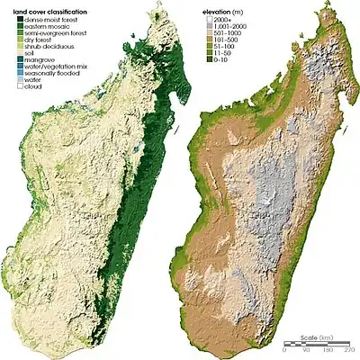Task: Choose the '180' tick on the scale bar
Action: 325,352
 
